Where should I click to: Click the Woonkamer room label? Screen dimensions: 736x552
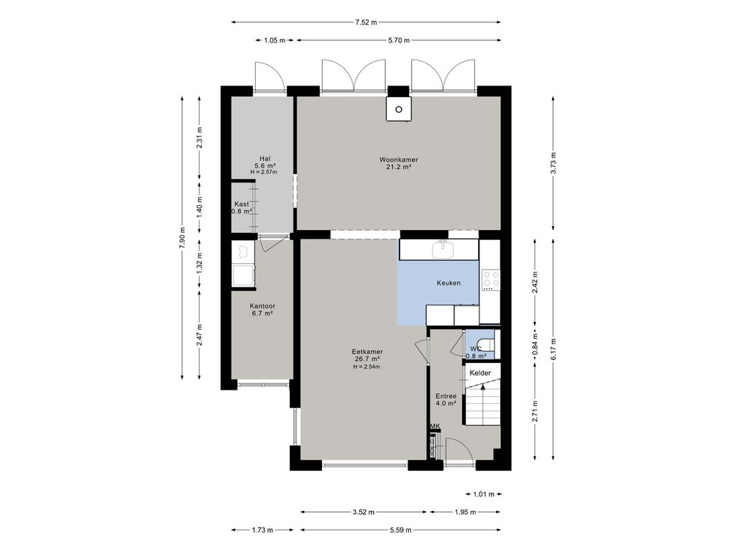click(x=398, y=160)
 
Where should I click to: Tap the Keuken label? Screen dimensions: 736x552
click(x=448, y=283)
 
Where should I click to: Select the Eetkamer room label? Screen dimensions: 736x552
click(x=367, y=351)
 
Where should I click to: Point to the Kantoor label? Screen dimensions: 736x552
click(x=262, y=306)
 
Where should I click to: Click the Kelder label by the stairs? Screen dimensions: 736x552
click(x=480, y=373)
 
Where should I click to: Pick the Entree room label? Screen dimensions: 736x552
click(x=446, y=396)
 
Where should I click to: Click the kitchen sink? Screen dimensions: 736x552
click(x=443, y=249)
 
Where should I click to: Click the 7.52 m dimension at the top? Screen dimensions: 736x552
click(x=366, y=22)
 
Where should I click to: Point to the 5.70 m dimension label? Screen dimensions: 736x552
click(x=398, y=40)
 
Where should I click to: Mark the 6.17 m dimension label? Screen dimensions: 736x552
click(x=553, y=349)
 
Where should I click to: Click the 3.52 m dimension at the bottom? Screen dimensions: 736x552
click(x=363, y=512)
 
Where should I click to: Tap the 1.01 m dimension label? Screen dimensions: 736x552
click(x=484, y=494)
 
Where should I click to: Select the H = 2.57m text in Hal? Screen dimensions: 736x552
click(x=264, y=172)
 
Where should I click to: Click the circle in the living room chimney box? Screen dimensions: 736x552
click(x=399, y=109)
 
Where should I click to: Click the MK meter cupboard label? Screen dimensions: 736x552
click(x=436, y=426)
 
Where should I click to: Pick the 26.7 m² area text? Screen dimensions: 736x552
click(x=367, y=359)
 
